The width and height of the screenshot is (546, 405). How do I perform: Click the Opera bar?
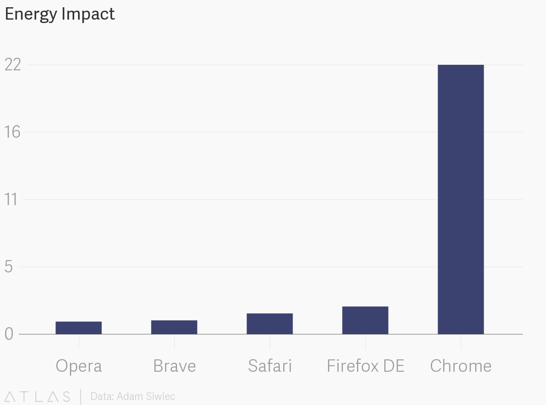tap(78, 328)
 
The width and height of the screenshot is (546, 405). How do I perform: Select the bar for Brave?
tap(174, 327)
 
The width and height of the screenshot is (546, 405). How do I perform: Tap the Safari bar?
tap(270, 324)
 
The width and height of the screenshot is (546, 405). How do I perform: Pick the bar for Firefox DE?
tap(365, 320)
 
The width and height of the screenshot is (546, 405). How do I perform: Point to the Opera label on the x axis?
tap(78, 366)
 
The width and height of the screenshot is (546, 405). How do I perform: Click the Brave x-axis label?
tap(174, 366)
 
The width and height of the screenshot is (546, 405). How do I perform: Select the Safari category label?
tap(270, 366)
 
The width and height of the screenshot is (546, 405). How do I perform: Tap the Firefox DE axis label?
tap(365, 366)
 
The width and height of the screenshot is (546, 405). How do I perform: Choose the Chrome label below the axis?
tap(461, 366)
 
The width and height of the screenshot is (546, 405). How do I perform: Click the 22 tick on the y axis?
tap(13, 65)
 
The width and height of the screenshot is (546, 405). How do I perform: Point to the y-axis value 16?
tap(13, 132)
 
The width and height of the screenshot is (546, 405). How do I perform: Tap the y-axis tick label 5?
tap(9, 267)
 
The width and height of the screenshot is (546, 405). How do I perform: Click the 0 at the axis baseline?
tap(9, 334)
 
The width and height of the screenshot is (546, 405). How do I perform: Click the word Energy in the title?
tap(31, 14)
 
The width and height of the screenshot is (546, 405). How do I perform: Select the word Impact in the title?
tap(88, 14)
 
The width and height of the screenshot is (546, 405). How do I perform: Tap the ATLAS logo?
tap(37, 396)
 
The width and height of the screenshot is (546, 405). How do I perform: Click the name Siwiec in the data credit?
tap(160, 396)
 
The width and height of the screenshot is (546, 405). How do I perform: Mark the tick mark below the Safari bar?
tap(270, 342)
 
